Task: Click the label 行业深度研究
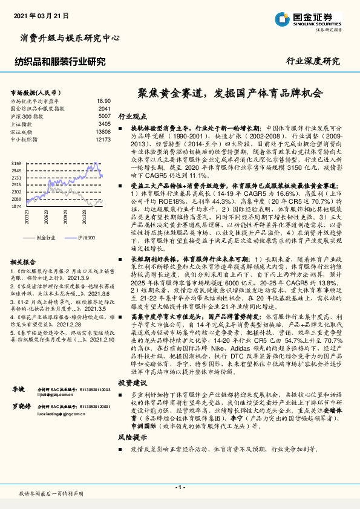point(313,61)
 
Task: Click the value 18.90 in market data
point(103,101)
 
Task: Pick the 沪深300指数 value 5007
point(104,115)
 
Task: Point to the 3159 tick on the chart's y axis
point(16,164)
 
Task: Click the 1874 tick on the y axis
point(16,206)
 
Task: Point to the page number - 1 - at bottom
point(180,487)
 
